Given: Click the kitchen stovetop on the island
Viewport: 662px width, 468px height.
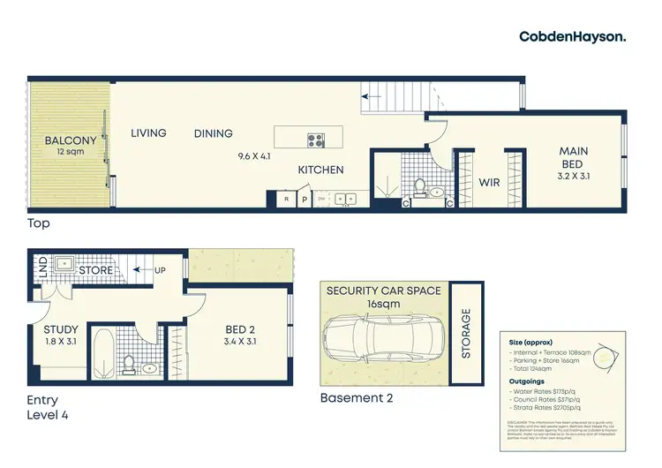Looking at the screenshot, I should click(316, 139).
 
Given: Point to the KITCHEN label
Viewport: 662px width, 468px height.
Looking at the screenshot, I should click(320, 170).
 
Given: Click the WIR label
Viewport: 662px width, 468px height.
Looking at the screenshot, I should click(490, 183).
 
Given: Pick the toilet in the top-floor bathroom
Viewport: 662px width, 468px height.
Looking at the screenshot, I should click(419, 188).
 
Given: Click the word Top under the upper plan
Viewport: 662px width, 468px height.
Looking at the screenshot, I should click(38, 224).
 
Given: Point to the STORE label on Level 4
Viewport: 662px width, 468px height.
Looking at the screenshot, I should click(95, 269).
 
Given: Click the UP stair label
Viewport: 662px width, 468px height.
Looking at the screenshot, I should click(159, 269).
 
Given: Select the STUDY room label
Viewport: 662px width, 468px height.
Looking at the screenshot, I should click(61, 331).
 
